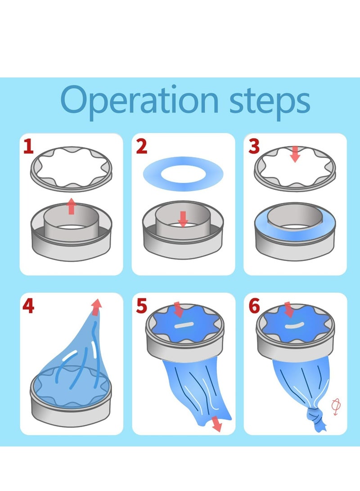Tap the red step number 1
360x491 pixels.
click(28, 147)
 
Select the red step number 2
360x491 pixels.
click(141, 147)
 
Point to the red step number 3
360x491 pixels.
click(254, 147)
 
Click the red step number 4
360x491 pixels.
click(28, 307)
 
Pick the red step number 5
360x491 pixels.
click(141, 307)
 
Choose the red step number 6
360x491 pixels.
click(254, 307)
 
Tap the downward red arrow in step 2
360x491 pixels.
click(183, 219)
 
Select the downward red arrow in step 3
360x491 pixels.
click(295, 154)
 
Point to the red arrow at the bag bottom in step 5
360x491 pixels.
click(216, 424)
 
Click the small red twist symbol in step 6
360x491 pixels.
click(335, 406)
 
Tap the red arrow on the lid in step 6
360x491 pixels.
click(288, 310)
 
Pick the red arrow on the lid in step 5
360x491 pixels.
click(179, 310)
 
